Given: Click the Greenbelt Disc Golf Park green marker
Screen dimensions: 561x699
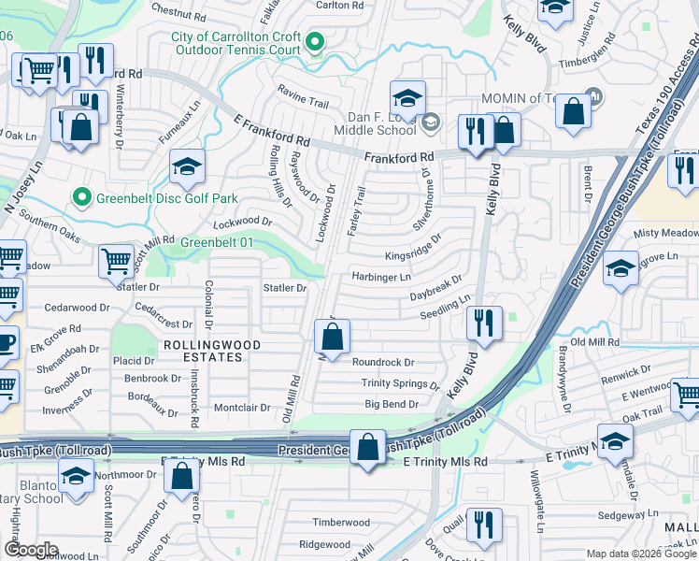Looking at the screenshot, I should coord(81,198).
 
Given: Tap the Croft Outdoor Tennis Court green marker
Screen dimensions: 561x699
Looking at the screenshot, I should coord(316,41).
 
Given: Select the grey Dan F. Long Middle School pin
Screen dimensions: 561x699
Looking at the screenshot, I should coord(430,121).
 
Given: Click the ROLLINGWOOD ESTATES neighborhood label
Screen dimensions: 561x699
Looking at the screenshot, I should coord(210,345).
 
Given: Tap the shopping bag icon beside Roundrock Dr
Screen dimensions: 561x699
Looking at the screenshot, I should coord(332,337).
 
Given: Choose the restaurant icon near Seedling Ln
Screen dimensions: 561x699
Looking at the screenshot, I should coord(483,324).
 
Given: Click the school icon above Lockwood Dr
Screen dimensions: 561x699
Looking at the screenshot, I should coord(187,167).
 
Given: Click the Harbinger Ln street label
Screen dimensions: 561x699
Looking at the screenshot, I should coord(380,277).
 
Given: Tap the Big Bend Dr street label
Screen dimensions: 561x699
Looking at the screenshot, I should coord(391,404).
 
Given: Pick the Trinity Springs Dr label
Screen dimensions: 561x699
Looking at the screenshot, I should coord(400,383).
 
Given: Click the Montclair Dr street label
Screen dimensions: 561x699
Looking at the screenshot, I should coord(242,408).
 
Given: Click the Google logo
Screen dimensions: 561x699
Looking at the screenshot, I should coord(31,550).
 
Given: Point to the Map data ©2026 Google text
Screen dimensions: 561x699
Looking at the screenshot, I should coord(640,554).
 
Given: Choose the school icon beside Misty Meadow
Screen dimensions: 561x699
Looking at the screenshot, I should coord(621,269).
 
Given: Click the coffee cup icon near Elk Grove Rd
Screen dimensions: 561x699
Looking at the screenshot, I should coord(4,343).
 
